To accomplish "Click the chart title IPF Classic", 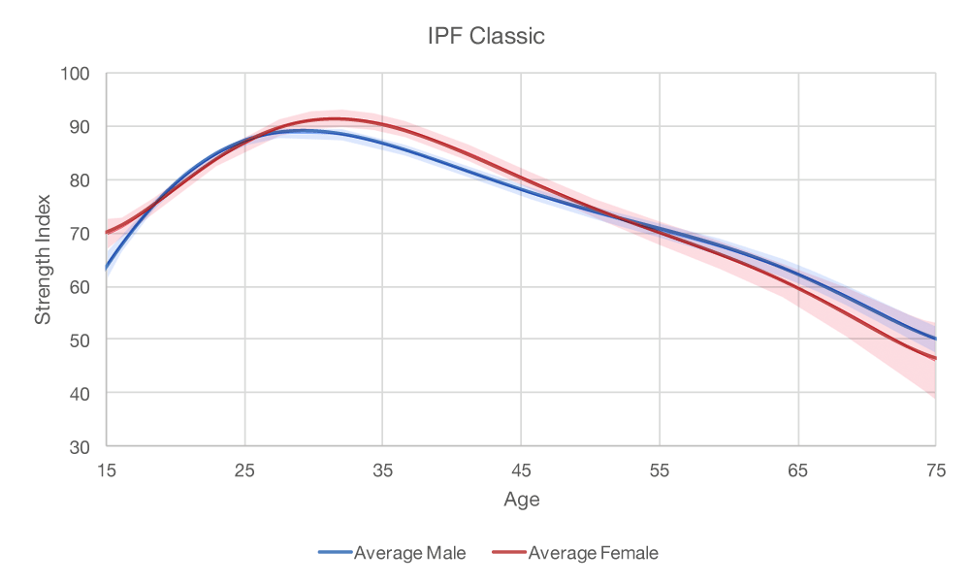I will [x=486, y=37].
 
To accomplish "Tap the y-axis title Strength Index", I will [x=43, y=260].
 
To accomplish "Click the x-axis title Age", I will [x=521, y=501].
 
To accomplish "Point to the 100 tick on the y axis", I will [x=76, y=74].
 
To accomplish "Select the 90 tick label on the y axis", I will [x=79, y=127].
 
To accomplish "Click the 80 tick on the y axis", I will [x=79, y=180].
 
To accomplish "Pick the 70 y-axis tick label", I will [x=79, y=234].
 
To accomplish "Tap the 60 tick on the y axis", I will [x=79, y=287].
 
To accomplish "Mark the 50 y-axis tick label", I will [x=79, y=340].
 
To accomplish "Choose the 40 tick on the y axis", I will [x=79, y=394].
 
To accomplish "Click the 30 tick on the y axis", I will [x=79, y=447].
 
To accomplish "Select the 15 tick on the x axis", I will [x=107, y=470].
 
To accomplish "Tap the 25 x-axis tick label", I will [x=244, y=470].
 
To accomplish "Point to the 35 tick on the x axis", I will [x=383, y=470].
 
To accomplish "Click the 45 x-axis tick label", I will [x=521, y=470].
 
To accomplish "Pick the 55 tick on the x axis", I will [x=660, y=470].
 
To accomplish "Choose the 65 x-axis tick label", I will [x=797, y=470].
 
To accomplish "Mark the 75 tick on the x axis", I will [x=936, y=470].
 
